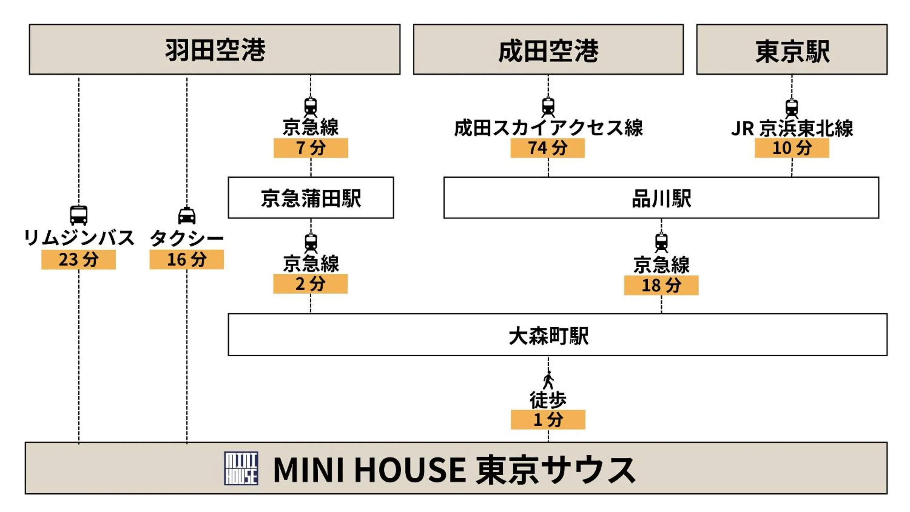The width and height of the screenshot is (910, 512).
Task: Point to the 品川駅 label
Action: click(661, 198)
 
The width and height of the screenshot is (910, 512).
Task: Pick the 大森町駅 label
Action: click(548, 335)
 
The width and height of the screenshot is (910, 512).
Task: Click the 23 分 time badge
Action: click(78, 259)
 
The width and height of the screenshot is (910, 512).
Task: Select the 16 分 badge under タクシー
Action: click(186, 259)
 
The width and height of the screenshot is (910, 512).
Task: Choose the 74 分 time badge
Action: click(547, 148)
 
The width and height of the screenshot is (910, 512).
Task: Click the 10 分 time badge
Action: click(792, 148)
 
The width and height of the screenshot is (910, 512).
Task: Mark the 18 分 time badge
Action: click(661, 285)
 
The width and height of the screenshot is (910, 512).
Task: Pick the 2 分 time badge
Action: click(310, 283)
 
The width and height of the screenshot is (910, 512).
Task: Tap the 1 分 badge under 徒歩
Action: click(548, 419)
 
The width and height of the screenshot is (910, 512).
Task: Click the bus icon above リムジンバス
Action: click(78, 215)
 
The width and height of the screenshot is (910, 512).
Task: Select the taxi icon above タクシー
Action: click(186, 216)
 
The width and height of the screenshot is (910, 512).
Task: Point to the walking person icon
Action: click(548, 380)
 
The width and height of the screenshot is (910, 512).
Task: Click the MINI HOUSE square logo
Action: click(241, 468)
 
